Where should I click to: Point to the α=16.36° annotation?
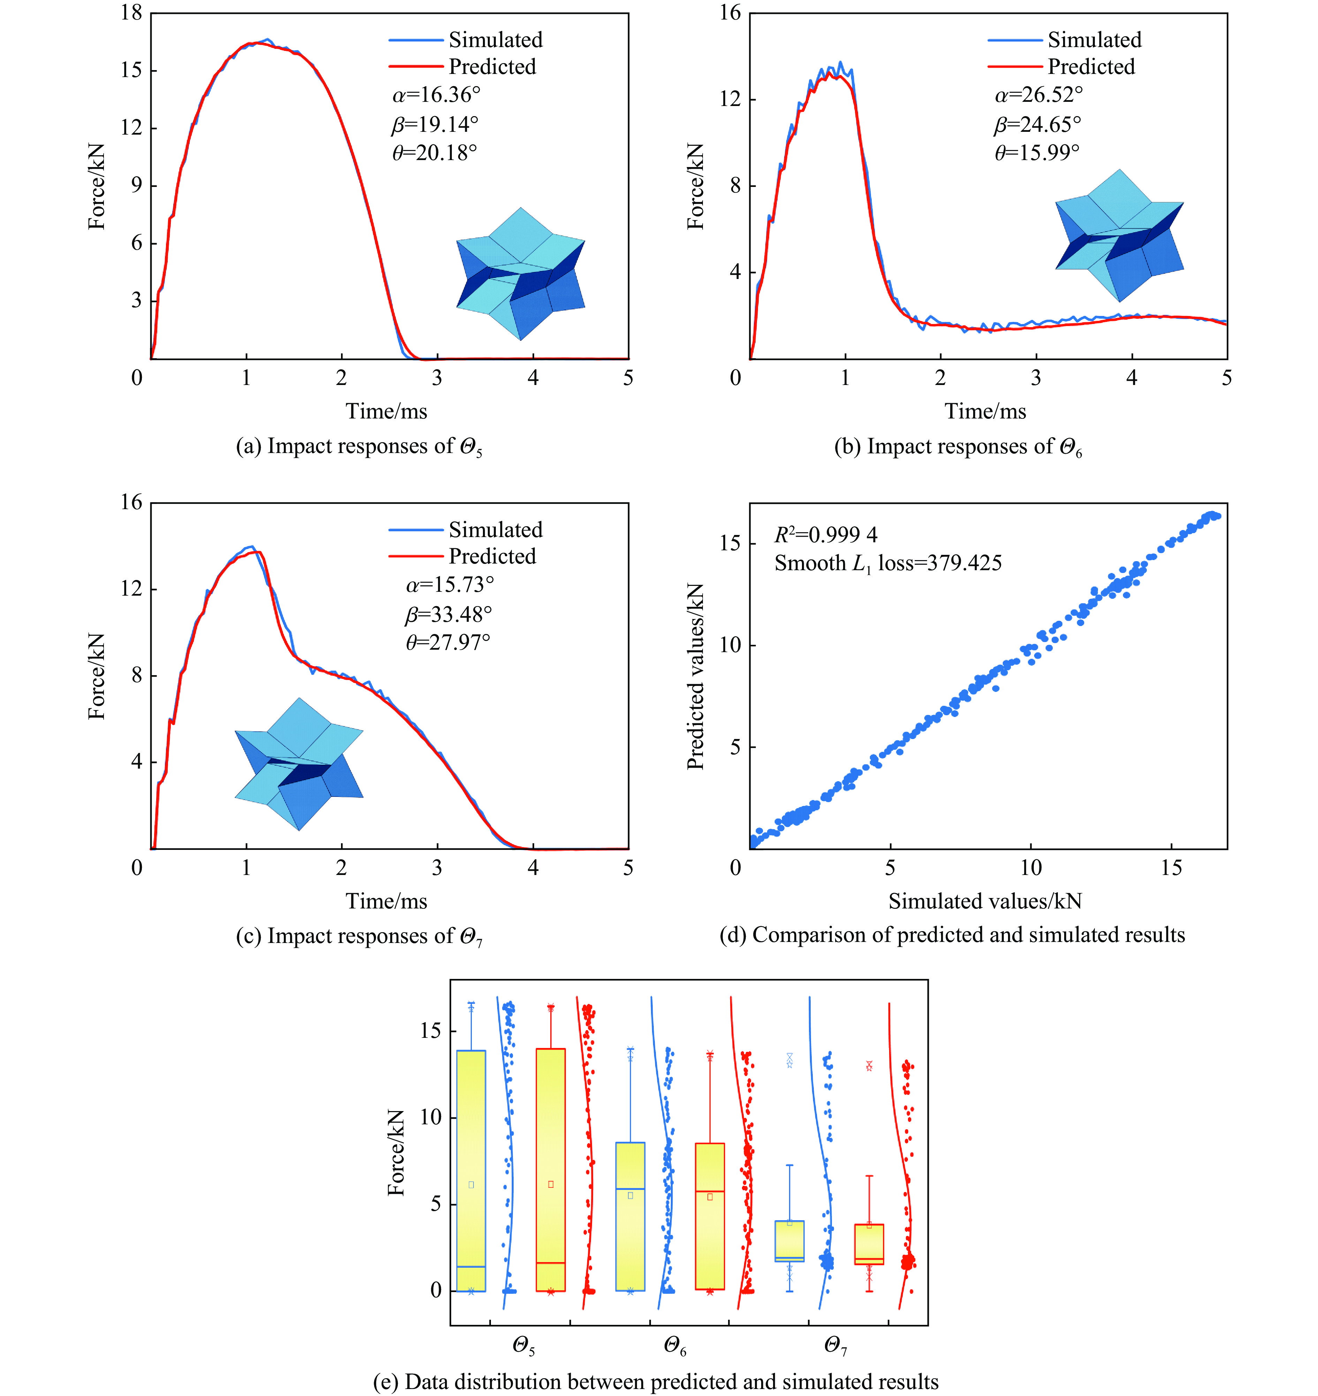[436, 95]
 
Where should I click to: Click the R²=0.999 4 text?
[826, 535]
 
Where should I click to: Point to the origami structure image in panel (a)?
[521, 274]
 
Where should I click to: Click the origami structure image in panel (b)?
[1119, 235]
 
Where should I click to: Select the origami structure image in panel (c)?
[298, 764]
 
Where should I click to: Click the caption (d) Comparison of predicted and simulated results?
[952, 935]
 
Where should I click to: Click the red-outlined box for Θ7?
[869, 1244]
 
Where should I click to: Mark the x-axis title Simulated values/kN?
[985, 901]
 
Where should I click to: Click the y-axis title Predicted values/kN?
[696, 676]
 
